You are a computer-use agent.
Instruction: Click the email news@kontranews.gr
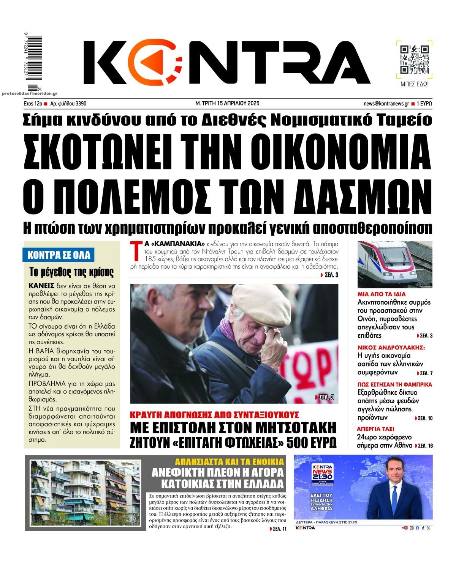pos(386,103)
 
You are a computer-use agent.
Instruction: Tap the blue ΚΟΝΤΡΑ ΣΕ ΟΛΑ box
pos(59,255)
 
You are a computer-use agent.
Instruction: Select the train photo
pos(395,264)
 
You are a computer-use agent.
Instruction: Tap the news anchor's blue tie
pos(395,497)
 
